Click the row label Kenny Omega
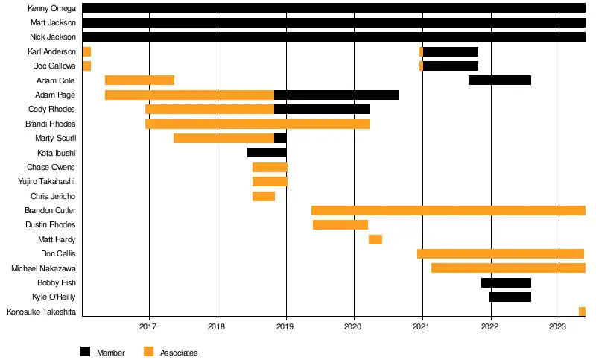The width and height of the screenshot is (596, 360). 52,8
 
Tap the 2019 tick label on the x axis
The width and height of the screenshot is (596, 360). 285,326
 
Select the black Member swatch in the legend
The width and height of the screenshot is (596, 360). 85,352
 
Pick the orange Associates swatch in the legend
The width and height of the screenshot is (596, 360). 148,352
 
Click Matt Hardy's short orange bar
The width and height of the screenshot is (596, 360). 375,239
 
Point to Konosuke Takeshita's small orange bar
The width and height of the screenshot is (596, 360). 582,312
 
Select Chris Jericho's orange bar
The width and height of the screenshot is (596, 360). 264,196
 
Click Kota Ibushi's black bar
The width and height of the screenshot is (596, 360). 267,153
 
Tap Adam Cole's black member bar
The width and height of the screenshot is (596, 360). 499,80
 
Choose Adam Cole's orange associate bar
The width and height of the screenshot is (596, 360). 139,80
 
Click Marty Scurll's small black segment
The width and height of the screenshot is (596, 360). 280,138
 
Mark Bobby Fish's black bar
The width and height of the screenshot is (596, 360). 506,282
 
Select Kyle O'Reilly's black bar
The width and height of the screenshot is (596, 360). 510,297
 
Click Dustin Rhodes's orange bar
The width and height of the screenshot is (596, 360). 340,225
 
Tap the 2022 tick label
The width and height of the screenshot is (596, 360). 490,326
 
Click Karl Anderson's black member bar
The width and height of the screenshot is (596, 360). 450,51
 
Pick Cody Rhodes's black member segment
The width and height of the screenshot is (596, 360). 322,110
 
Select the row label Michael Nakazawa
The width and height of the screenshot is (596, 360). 43,268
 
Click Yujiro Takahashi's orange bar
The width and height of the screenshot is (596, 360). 270,182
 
